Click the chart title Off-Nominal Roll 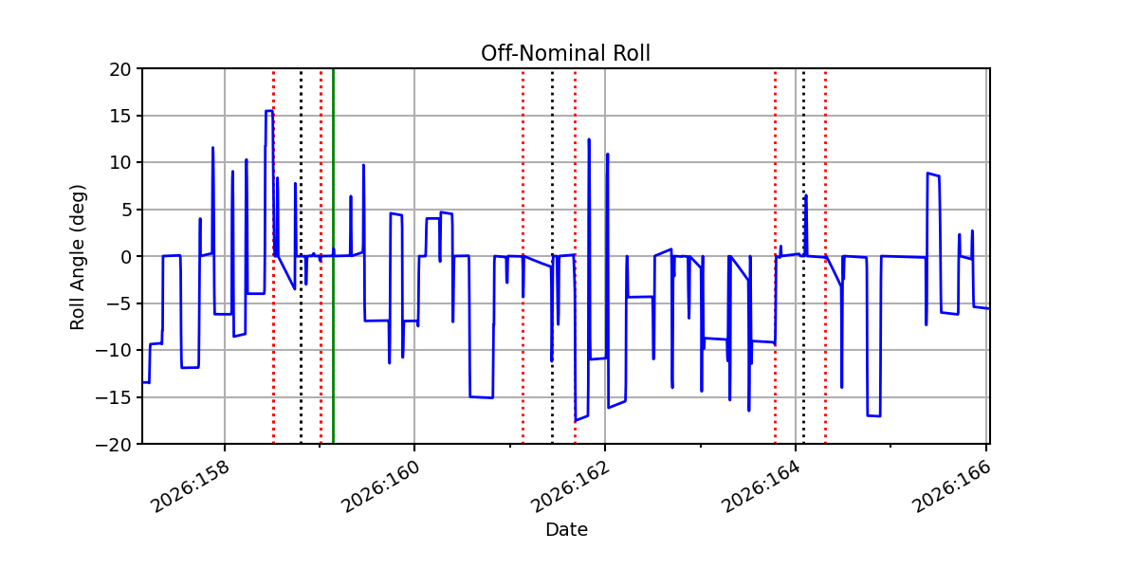click(565, 53)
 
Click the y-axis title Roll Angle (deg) click(77, 257)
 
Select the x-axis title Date click(566, 530)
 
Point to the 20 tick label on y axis click(119, 69)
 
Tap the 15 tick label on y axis click(119, 117)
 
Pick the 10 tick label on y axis click(119, 163)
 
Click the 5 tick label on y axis click(125, 210)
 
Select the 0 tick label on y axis click(125, 257)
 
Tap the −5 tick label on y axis click(119, 303)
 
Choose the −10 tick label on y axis click(113, 351)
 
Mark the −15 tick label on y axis click(113, 397)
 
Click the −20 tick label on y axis click(113, 445)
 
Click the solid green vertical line click(333, 257)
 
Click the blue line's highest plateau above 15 click(269, 110)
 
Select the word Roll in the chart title click(631, 53)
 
